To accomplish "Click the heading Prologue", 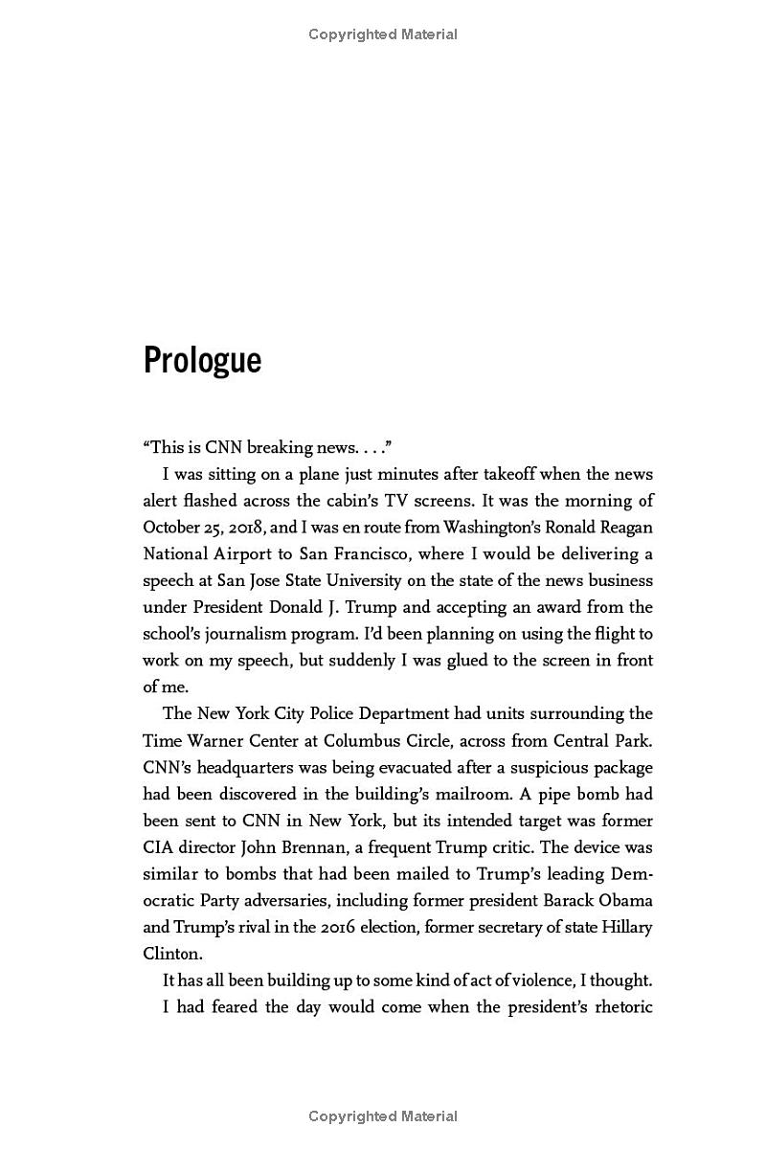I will click(202, 361).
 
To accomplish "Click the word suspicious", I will click(549, 767).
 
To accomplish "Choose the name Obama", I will click(622, 901).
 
